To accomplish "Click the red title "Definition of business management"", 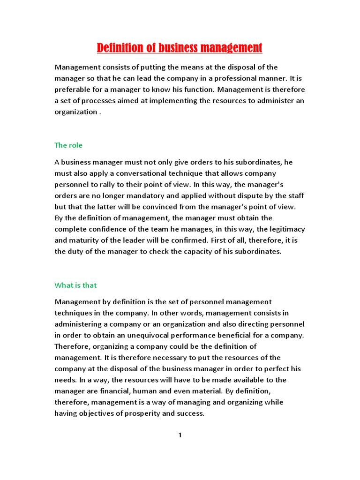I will (x=180, y=48).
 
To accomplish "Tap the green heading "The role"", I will (x=68, y=145).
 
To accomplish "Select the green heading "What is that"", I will (x=75, y=285).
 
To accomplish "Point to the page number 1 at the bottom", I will (x=180, y=435).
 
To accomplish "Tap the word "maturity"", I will (x=85, y=240).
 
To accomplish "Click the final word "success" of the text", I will (x=191, y=413).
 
